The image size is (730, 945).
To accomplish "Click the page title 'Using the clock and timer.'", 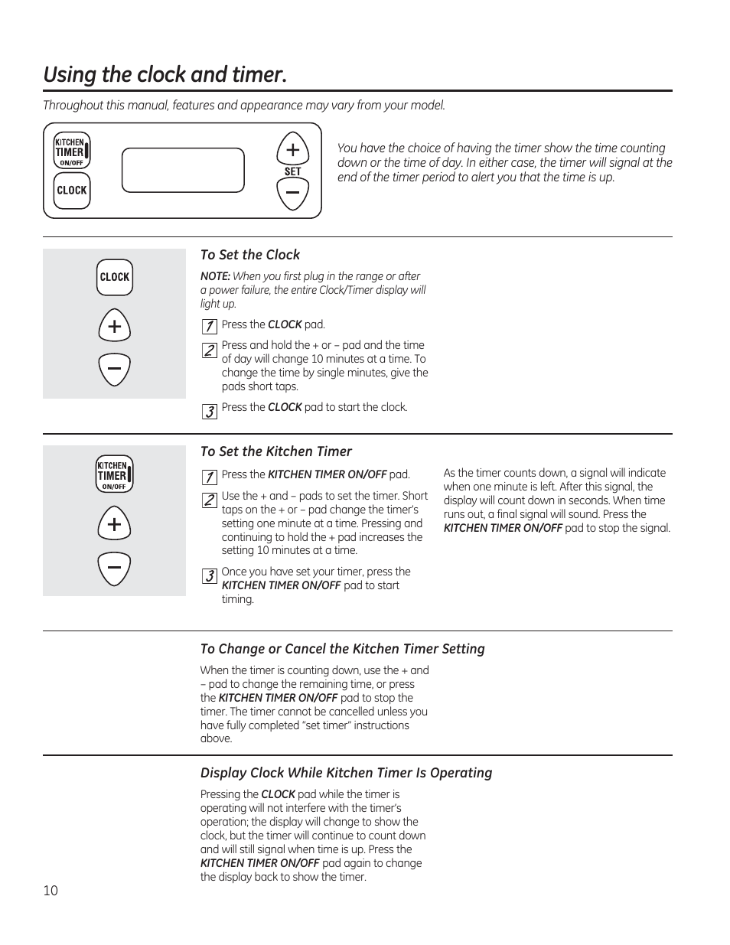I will click(165, 75).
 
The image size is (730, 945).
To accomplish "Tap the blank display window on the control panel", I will click(183, 170).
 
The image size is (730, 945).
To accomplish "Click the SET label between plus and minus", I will click(292, 171).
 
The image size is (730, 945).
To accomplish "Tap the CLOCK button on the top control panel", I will click(72, 191).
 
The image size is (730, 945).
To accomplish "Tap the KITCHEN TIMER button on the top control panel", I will click(72, 151).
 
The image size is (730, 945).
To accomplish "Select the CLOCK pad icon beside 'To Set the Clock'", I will click(115, 277).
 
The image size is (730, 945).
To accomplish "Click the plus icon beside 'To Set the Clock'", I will click(115, 327).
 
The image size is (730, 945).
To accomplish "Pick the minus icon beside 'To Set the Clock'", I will click(115, 370).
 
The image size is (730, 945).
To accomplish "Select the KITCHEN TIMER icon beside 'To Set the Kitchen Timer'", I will click(115, 474).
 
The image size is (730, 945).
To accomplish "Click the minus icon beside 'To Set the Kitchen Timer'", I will click(115, 569).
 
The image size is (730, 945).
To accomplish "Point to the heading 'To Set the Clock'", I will click(250, 255).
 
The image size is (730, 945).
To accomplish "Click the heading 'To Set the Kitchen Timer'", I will click(276, 451).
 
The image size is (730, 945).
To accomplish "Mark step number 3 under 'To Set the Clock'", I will click(209, 412).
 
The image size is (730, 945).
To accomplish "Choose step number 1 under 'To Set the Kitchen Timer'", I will click(209, 478).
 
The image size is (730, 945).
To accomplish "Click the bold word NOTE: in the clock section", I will click(215, 276).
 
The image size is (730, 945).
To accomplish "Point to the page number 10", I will click(51, 891).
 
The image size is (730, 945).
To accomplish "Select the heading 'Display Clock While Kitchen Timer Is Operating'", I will click(346, 773).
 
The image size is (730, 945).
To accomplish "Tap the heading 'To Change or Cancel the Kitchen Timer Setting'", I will click(342, 649).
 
